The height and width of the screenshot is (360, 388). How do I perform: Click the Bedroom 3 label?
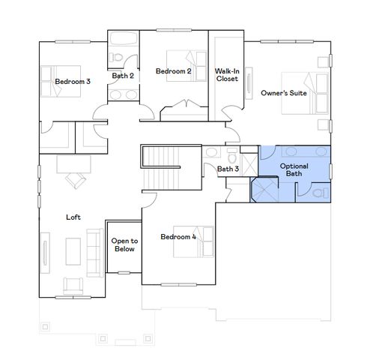73,81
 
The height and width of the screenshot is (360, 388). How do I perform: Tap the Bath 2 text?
123,75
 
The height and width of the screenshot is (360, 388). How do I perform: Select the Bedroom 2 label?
173,71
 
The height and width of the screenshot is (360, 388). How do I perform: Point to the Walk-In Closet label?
226,75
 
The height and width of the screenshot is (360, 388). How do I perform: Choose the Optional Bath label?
294,169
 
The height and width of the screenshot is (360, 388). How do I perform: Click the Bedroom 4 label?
178,237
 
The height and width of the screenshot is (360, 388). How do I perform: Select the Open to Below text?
124,244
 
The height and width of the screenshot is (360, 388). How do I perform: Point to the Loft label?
73,217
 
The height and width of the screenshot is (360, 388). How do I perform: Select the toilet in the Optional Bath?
319,193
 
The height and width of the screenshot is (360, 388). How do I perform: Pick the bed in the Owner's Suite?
304,93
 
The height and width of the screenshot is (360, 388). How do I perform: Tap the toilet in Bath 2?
115,58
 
